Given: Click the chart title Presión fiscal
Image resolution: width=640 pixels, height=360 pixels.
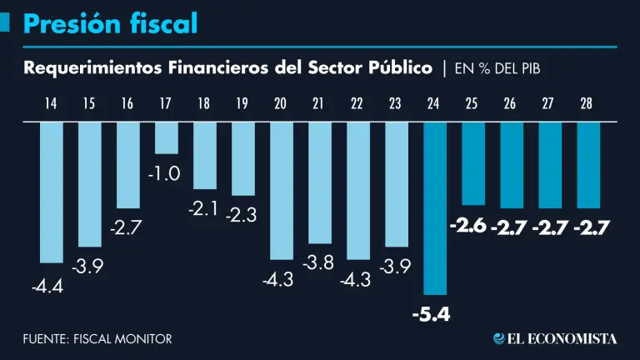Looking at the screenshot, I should pyautogui.click(x=110, y=24).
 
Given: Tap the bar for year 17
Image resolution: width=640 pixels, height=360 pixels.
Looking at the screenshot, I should pyautogui.click(x=166, y=138).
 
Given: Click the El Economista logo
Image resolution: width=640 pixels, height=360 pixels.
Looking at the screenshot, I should pyautogui.click(x=555, y=338).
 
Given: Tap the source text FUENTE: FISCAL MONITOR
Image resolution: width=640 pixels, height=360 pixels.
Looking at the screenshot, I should pyautogui.click(x=97, y=339).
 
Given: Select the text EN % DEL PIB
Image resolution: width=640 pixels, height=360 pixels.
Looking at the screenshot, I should pyautogui.click(x=497, y=68).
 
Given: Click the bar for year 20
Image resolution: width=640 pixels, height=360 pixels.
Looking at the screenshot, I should pyautogui.click(x=281, y=191).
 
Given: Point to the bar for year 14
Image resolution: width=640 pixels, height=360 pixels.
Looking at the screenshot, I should pyautogui.click(x=52, y=192).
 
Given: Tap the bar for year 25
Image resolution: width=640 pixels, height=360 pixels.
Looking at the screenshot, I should pyautogui.click(x=472, y=163).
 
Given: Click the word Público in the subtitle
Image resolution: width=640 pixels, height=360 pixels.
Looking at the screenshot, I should pyautogui.click(x=400, y=67).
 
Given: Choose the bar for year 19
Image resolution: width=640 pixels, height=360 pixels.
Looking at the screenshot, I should pyautogui.click(x=242, y=158).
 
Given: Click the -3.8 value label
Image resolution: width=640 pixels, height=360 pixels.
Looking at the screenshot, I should pyautogui.click(x=318, y=263).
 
